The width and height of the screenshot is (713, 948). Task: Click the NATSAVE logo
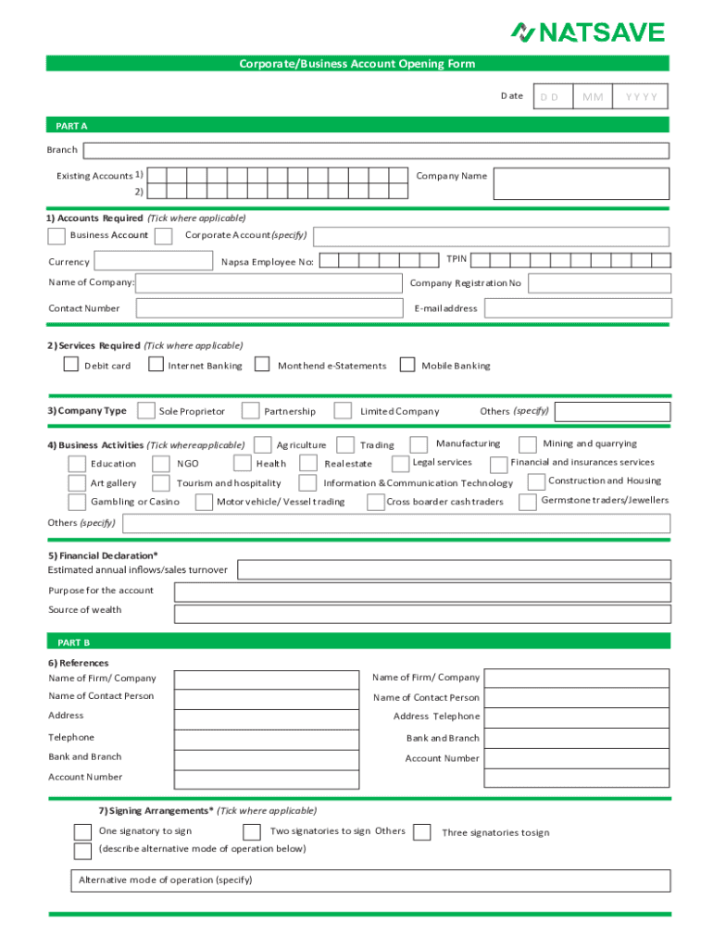588,32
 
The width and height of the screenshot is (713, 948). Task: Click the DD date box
552,97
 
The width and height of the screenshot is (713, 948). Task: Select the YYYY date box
640,97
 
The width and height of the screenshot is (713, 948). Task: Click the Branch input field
376,151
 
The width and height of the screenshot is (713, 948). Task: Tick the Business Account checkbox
56,236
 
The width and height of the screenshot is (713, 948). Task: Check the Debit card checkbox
71,365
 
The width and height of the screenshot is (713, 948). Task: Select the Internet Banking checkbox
156,365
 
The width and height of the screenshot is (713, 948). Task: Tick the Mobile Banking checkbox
407,365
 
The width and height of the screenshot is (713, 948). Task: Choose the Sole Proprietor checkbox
145,410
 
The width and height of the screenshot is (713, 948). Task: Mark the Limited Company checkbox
343,410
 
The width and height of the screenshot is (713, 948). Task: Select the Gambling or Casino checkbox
77,502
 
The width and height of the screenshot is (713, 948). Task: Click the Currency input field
155,261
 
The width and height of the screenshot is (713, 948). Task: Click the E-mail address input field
576,308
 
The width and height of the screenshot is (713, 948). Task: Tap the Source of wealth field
421,614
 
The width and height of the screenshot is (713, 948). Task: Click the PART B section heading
74,642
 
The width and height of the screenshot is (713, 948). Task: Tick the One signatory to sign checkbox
82,831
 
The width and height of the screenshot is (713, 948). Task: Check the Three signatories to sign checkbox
422,832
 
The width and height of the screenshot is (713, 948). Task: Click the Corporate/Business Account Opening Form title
357,64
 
